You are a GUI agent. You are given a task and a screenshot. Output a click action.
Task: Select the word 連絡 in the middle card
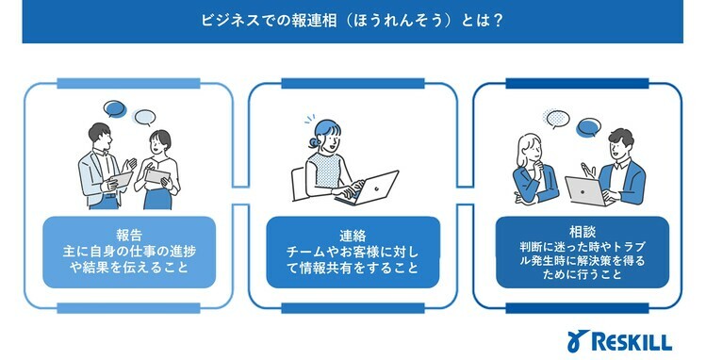tap(352, 236)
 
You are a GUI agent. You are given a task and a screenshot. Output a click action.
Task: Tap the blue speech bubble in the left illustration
tap(116, 108)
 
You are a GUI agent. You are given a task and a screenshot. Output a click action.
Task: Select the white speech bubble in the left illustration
tap(144, 117)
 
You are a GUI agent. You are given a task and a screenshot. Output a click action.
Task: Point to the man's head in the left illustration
tap(100, 136)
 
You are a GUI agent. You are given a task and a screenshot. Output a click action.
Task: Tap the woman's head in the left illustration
tap(157, 144)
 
